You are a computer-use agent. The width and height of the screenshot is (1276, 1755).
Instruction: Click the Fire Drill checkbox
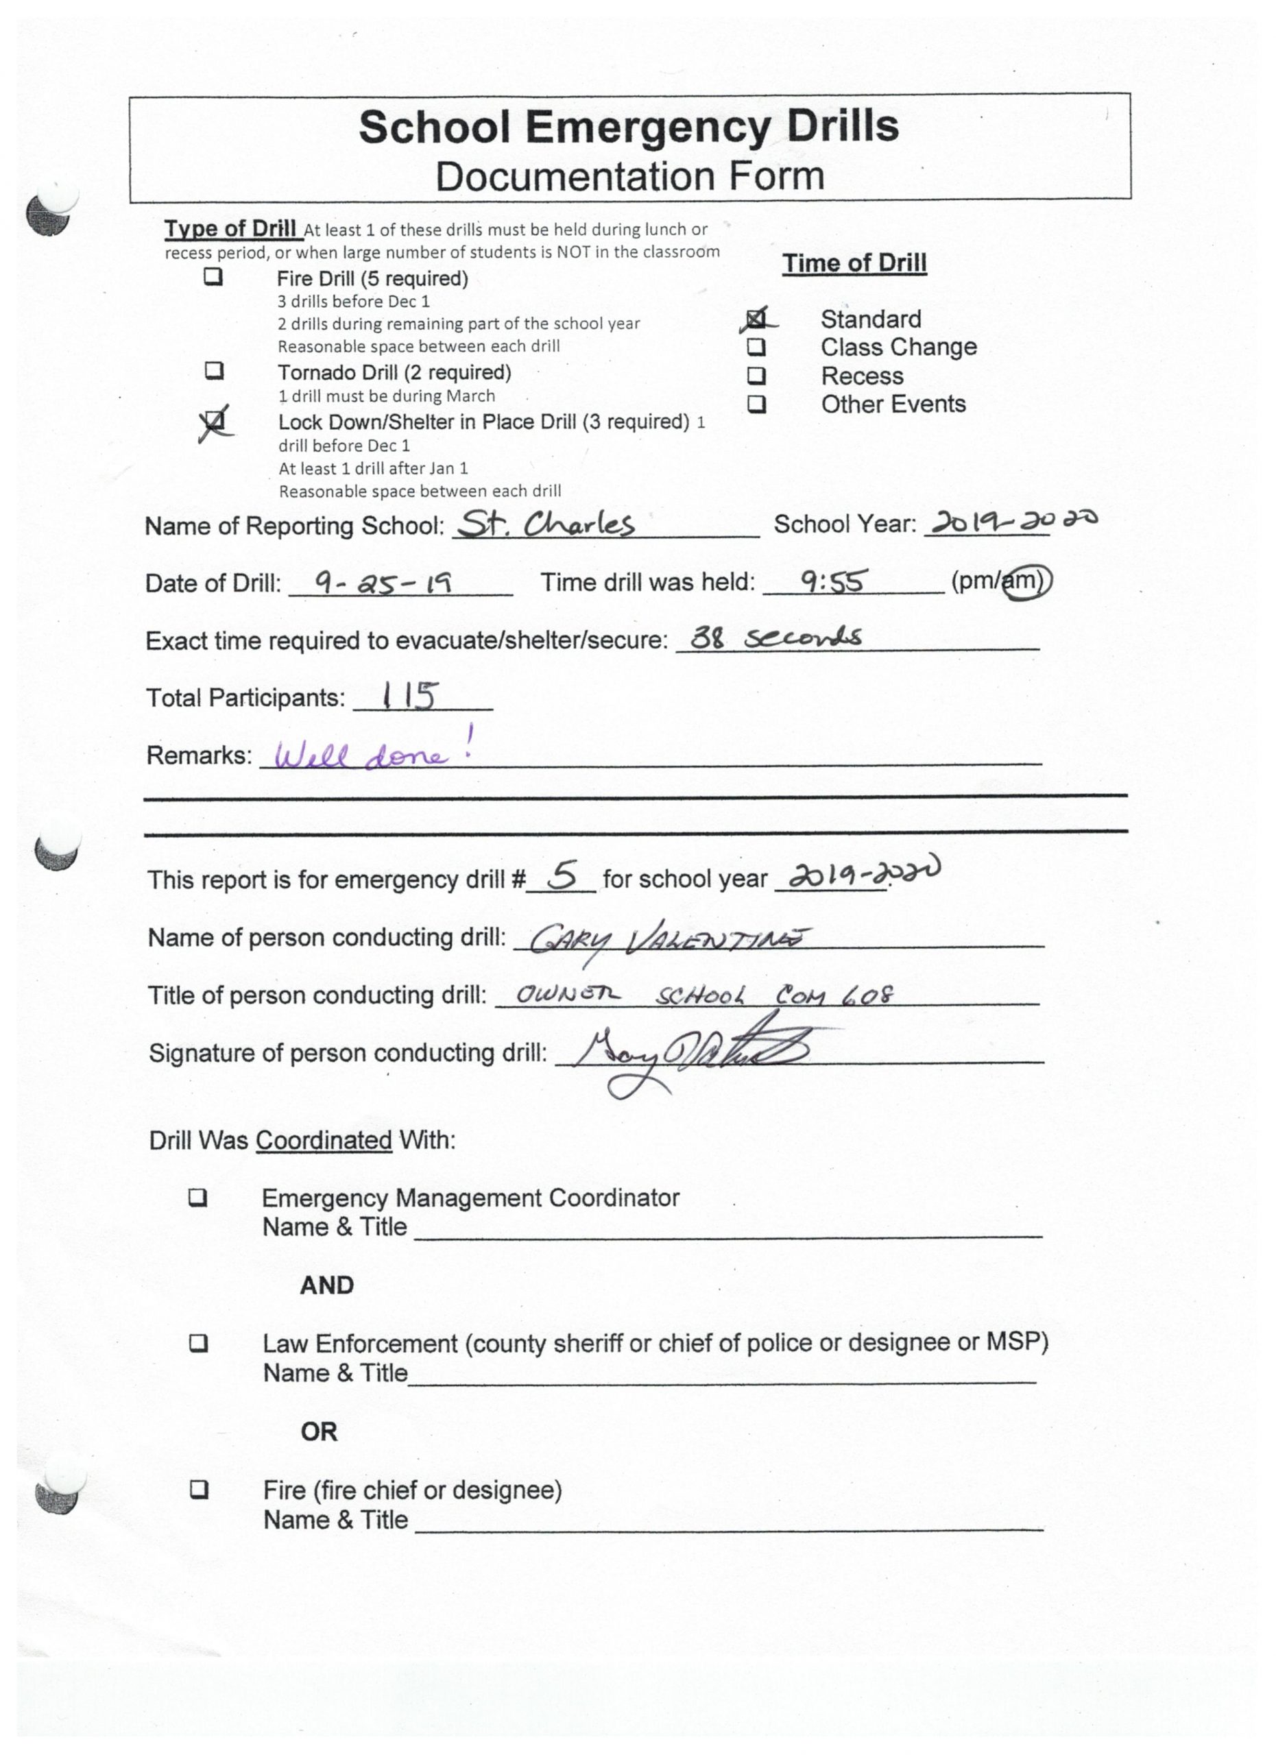[213, 277]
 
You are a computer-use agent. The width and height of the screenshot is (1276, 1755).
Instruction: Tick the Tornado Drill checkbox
[215, 371]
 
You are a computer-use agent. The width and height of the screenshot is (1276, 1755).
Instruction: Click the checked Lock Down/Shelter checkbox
[215, 421]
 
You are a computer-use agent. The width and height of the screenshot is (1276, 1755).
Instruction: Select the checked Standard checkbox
[756, 319]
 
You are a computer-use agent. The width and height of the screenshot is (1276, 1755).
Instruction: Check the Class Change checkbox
[756, 347]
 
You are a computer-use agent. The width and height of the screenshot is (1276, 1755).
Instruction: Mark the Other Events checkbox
[756, 404]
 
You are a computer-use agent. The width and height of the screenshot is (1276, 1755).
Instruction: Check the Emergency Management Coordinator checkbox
[198, 1197]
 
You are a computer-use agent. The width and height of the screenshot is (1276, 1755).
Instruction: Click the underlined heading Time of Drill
[854, 263]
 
